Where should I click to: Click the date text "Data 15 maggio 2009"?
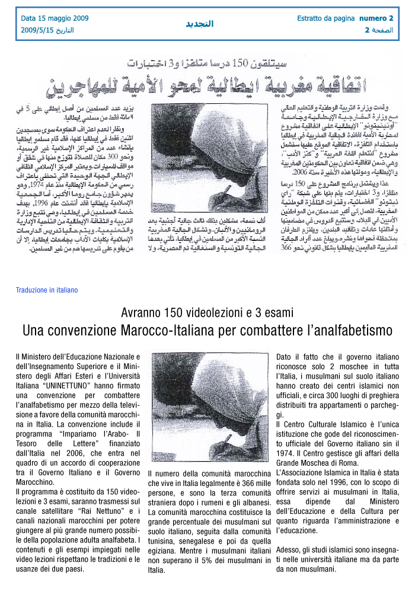pyautogui.click(x=55, y=18)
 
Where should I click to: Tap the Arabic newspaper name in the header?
pyautogui.click(x=199, y=24)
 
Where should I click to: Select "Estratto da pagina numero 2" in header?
pyautogui.click(x=345, y=18)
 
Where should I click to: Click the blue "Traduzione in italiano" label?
pyautogui.click(x=47, y=290)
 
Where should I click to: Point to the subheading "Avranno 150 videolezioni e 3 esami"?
pyautogui.click(x=207, y=313)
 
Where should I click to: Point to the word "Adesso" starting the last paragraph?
pyautogui.click(x=289, y=549)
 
